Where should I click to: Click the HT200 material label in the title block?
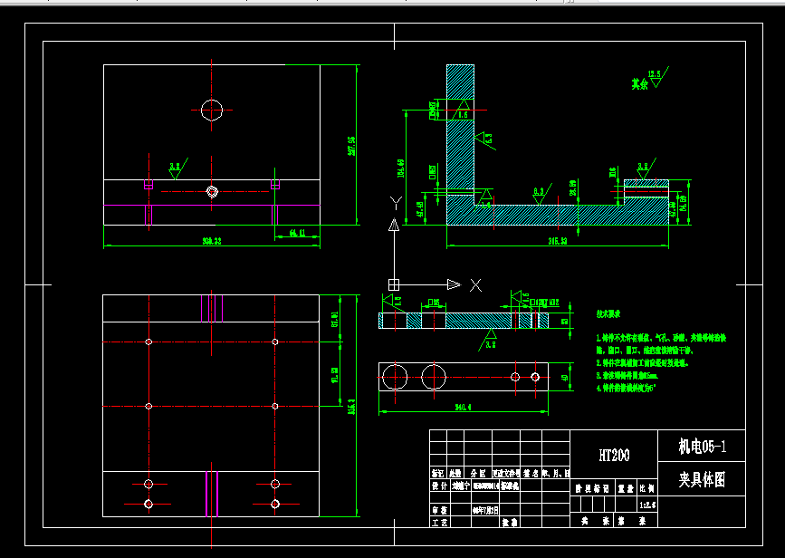point(614,454)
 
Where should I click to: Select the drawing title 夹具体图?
point(702,477)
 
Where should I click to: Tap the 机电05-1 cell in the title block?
point(702,446)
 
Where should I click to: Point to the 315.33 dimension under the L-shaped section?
point(557,242)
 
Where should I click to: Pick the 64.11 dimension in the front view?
point(297,235)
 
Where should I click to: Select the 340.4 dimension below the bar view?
point(463,409)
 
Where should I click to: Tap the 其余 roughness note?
point(640,83)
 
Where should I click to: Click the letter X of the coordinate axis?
point(475,284)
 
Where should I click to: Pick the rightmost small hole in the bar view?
point(536,376)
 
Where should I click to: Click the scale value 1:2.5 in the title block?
point(647,504)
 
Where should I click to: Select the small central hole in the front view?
point(212,191)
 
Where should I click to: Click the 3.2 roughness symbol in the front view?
point(175,167)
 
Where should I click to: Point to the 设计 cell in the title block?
point(438,486)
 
